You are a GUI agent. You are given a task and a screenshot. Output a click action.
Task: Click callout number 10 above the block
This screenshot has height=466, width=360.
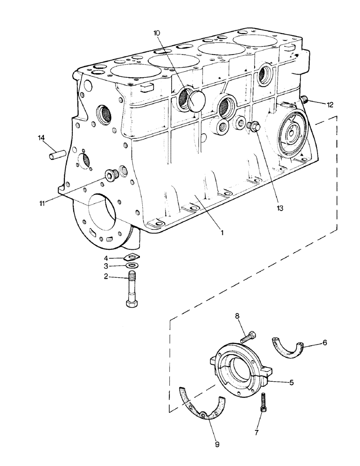pos(157,33)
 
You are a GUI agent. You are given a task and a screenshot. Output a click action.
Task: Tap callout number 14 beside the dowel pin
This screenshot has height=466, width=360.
pos(42,137)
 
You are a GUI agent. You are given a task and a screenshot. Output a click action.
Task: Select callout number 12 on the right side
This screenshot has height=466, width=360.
pos(330,105)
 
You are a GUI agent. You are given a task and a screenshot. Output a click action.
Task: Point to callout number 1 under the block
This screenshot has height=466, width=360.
pos(222,231)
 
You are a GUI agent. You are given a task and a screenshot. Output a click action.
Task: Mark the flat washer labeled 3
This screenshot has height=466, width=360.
pos(132,266)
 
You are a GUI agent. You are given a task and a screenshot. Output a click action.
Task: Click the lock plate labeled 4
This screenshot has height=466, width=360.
pos(132,256)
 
